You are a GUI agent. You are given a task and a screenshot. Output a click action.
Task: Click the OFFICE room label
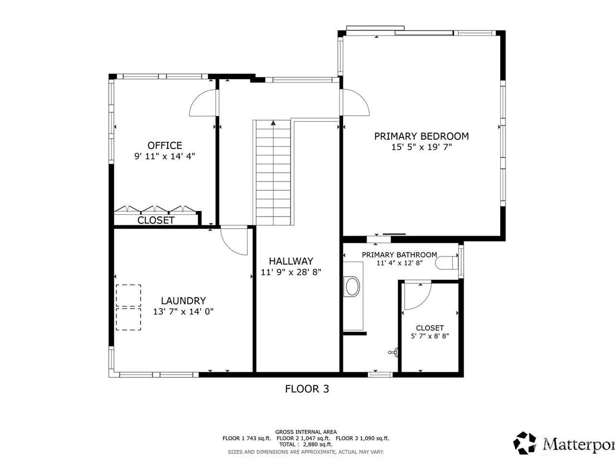point(165,146)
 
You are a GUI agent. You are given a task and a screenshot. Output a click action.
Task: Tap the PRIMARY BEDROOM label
point(421,136)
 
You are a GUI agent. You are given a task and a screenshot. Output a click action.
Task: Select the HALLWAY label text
point(291,261)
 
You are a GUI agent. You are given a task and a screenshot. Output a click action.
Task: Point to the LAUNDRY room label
point(183,301)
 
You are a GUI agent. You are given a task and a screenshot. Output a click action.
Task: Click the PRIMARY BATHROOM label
point(399,255)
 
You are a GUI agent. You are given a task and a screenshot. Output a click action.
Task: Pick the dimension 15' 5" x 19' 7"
point(421,147)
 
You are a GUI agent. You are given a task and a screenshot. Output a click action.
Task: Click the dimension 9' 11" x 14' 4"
point(165,156)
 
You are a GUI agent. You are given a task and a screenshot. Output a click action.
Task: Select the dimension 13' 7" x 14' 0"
point(183,312)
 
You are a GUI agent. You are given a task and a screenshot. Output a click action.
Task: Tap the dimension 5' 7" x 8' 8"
point(430,336)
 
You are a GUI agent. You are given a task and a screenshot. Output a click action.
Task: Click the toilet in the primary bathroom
point(447,263)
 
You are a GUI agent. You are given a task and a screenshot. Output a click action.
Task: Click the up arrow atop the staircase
point(273,123)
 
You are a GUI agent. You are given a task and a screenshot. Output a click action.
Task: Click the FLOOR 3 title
point(307,389)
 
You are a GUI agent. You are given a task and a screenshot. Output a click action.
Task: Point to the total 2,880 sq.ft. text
point(306,444)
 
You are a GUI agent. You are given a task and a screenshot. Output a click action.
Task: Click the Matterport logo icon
point(525,443)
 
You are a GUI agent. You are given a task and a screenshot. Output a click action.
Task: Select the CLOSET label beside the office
point(156,220)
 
